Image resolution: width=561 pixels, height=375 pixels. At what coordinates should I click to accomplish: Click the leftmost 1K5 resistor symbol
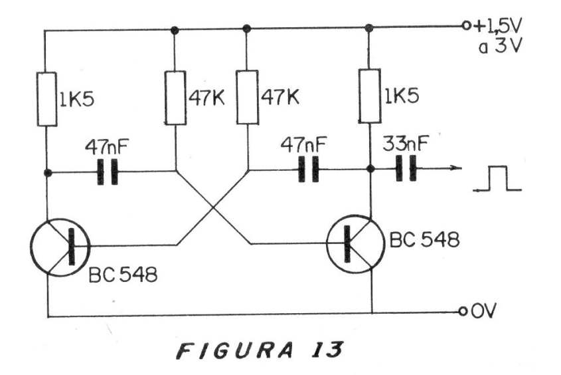(47, 99)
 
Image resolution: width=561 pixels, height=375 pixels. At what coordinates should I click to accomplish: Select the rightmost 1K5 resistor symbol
(370, 96)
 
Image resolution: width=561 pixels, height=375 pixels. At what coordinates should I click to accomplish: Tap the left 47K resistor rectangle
(175, 98)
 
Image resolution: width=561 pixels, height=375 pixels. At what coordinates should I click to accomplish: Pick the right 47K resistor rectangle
(247, 97)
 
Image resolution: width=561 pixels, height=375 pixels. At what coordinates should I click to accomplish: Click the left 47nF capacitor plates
(108, 172)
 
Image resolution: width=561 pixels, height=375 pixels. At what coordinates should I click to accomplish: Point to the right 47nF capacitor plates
(309, 169)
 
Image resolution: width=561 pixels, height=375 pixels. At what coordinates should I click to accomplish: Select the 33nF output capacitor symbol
(406, 168)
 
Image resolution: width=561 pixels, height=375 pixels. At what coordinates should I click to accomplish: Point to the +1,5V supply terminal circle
(466, 25)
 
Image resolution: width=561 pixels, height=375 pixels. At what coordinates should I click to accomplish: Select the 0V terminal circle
(463, 311)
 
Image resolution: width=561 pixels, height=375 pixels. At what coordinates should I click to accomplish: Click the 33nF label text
(405, 144)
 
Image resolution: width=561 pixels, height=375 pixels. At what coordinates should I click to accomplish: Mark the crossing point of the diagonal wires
(214, 207)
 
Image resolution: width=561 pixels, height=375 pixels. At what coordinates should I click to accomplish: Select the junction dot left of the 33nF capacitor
(371, 169)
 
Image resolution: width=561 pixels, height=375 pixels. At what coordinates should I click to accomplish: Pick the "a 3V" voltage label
(501, 47)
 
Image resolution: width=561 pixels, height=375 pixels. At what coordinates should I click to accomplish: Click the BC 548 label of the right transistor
(424, 239)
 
